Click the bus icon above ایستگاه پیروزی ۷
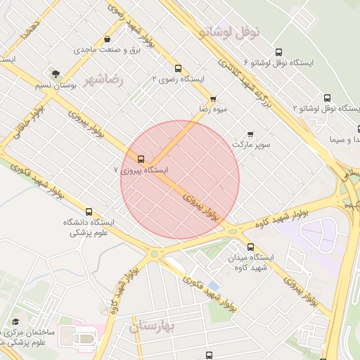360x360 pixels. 141,159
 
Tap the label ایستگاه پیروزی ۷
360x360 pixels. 141,170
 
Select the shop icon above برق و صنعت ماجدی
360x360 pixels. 106,39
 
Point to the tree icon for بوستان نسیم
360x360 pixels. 54,72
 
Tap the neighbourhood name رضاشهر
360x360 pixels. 103,79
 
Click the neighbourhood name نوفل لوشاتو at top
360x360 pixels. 229,32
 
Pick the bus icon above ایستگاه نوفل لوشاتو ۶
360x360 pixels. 279,52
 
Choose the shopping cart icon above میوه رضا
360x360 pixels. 213,98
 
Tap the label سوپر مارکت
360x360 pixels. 251,144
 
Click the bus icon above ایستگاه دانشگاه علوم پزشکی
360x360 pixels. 89,212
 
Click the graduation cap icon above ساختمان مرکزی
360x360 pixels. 15,321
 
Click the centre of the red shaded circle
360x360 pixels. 180,179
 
